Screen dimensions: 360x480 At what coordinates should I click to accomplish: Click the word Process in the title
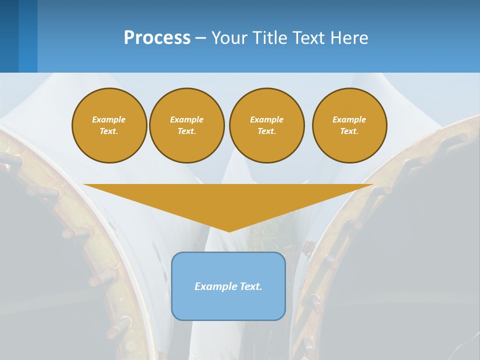click(157, 38)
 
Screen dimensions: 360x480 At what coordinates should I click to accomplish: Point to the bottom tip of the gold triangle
click(229, 230)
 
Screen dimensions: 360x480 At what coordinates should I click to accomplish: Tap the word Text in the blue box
click(250, 286)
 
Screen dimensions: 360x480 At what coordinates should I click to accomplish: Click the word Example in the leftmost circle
click(109, 119)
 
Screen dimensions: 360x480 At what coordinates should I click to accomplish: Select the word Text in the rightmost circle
click(349, 131)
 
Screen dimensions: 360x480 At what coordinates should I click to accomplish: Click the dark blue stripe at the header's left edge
click(9, 36)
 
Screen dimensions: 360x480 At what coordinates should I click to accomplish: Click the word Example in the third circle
click(266, 119)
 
